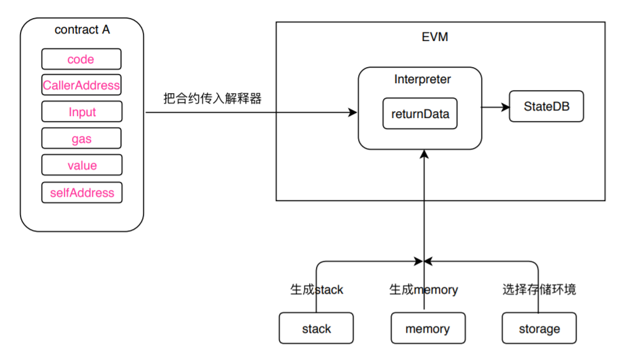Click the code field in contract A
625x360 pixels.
81,59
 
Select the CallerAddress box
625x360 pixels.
81,85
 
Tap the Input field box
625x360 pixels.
82,112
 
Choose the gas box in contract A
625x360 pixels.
82,139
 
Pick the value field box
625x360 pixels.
82,166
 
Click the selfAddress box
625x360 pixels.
82,192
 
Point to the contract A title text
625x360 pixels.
82,30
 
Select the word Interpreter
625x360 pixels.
422,79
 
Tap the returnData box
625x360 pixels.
420,114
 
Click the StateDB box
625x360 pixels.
546,106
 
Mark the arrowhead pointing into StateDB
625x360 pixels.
505,107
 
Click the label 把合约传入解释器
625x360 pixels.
212,98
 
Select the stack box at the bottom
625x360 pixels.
316,328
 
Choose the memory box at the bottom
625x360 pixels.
427,328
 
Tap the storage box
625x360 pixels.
539,328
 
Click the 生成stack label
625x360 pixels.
317,289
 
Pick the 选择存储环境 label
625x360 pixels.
539,289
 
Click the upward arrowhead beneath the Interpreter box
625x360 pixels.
424,154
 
